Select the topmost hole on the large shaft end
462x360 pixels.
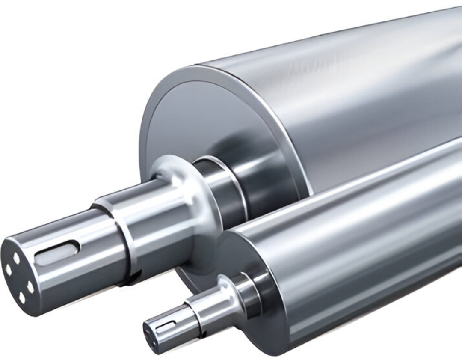[17, 258]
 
